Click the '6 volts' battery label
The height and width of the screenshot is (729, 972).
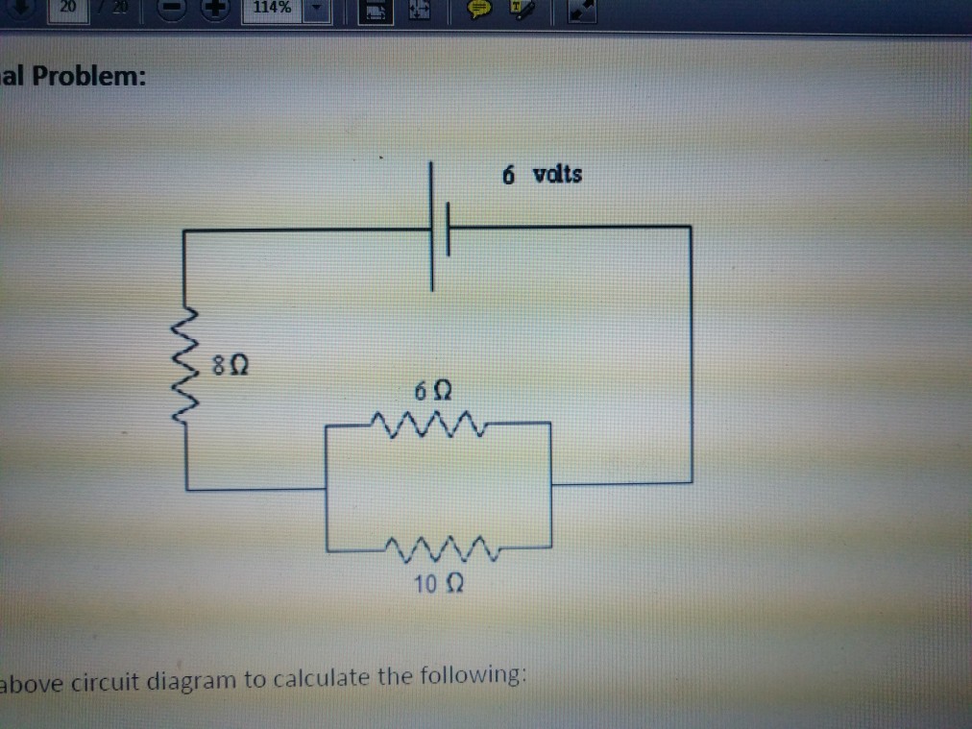click(542, 175)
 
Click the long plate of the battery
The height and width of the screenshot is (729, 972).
click(432, 227)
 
